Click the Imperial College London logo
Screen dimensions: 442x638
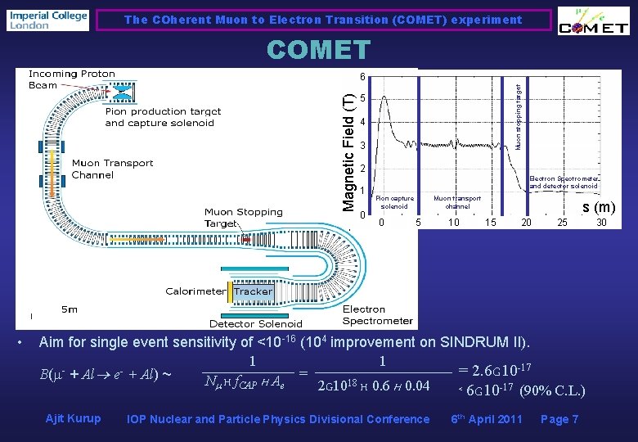click(47, 20)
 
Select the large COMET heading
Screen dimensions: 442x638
click(318, 51)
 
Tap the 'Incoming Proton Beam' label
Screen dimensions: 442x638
click(72, 79)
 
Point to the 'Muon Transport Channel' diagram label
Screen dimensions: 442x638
click(112, 169)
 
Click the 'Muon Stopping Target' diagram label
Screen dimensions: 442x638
click(243, 217)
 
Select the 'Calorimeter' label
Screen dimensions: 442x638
click(195, 291)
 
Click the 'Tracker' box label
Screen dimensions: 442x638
click(253, 291)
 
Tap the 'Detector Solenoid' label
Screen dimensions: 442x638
click(255, 324)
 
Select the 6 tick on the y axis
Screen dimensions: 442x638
click(361, 77)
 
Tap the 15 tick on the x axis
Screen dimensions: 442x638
click(490, 223)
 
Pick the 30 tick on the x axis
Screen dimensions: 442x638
click(601, 223)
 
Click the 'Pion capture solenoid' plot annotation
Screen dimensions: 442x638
click(394, 201)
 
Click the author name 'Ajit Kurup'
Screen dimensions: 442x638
click(73, 419)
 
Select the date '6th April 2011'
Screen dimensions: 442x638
click(487, 419)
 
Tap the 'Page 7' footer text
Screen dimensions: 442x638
click(559, 419)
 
